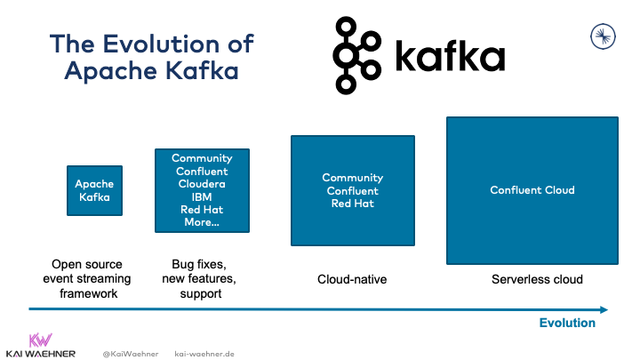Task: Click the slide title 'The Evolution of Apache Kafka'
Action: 151,57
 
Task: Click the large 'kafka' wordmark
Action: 448,57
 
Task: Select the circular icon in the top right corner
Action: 604,36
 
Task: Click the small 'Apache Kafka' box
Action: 95,190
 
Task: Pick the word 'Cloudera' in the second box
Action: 202,184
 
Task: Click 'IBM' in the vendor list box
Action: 202,197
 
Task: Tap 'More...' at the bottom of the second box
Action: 202,223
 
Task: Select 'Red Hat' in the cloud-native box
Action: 353,204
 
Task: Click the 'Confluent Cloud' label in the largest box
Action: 532,190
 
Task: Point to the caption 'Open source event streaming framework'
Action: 87,278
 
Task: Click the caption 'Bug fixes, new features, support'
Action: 202,278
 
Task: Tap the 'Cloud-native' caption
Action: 353,280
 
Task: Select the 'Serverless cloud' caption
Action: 537,279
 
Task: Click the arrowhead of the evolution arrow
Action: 604,309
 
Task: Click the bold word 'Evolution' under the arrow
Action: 567,324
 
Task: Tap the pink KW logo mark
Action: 40,339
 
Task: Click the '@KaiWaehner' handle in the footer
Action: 130,353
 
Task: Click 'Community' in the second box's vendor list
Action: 202,158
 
